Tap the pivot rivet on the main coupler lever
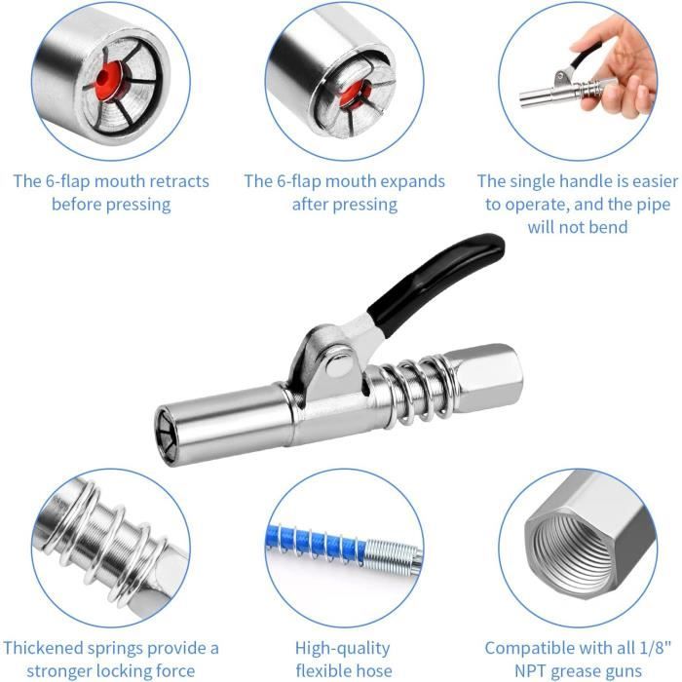pos(340,360)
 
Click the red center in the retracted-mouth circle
pos(106,78)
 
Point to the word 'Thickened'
pos(43,648)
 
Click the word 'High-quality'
pos(342,649)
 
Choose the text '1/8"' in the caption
pos(655,648)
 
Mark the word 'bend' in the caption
pos(608,227)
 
